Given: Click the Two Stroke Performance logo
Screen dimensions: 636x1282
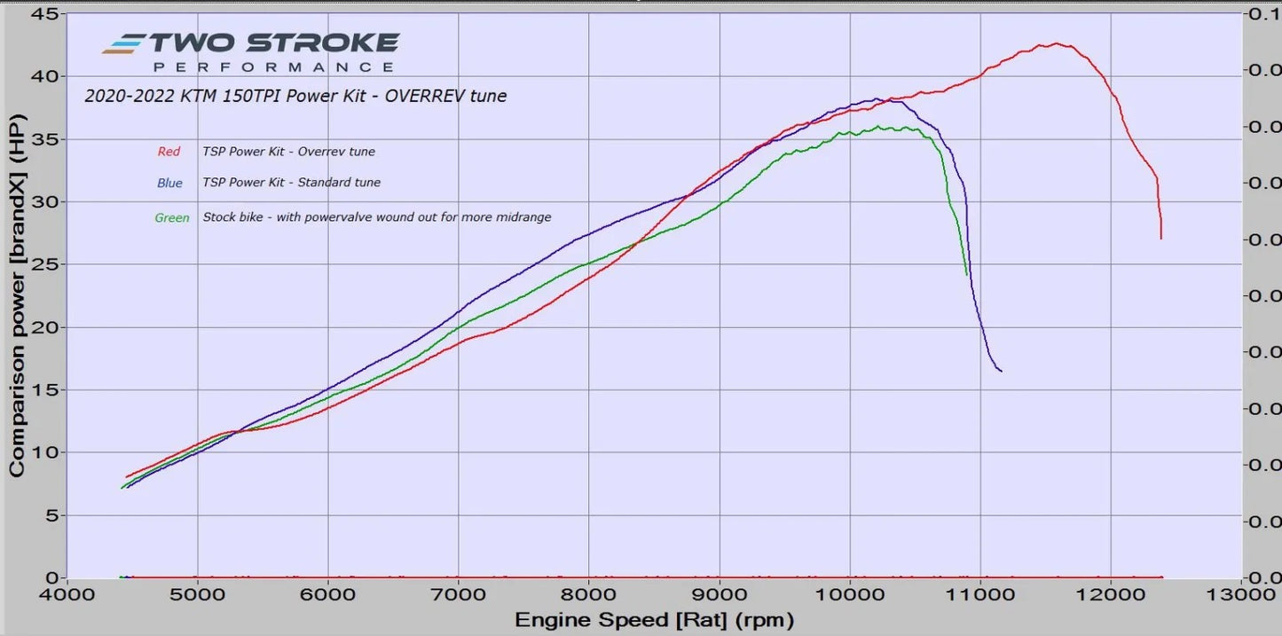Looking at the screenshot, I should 250,51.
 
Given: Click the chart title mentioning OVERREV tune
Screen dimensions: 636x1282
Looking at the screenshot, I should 295,96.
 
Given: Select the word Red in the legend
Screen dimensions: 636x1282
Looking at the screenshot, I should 169,152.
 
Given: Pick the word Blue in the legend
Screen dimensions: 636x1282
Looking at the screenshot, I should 169,183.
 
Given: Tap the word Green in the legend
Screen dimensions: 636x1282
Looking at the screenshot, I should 171,217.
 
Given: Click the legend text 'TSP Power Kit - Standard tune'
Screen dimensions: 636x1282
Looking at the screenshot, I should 291,183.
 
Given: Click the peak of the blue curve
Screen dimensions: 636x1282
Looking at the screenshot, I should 877,98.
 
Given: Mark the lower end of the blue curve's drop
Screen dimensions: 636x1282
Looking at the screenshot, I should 1001,371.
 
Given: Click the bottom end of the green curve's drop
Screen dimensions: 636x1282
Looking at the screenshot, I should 966,275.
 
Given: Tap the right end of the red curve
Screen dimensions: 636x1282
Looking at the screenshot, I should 1160,238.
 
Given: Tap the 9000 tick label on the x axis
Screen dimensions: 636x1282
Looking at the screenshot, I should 719,595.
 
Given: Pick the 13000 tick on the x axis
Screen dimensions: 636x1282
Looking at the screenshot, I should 1240,595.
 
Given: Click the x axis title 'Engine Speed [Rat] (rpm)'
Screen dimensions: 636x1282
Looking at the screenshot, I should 654,619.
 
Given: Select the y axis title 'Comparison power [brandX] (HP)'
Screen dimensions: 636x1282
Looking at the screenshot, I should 17,294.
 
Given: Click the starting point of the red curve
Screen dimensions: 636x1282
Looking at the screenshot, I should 127,477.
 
